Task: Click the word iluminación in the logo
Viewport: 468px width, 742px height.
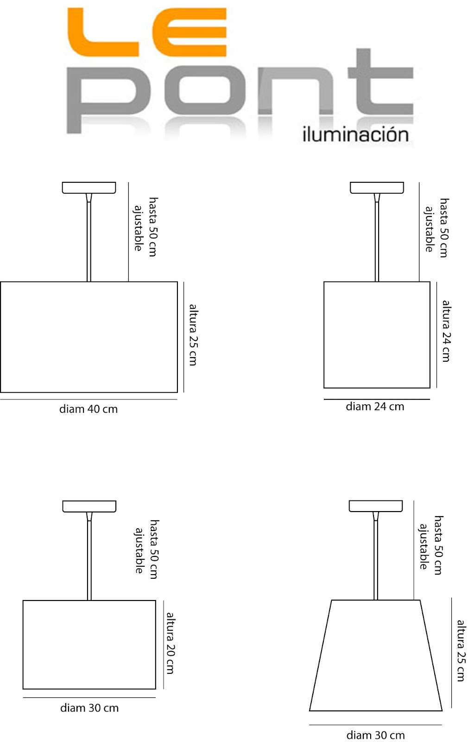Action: tap(355, 134)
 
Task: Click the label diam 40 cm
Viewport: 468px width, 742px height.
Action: tap(89, 409)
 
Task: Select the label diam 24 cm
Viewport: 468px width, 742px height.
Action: tap(375, 407)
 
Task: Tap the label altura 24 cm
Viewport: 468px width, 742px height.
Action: tap(446, 331)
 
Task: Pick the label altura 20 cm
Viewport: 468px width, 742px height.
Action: tap(171, 643)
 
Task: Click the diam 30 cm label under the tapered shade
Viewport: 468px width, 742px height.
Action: tap(375, 735)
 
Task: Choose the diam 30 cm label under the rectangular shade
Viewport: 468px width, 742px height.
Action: tap(89, 708)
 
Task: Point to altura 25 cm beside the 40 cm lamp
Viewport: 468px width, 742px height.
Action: tap(193, 334)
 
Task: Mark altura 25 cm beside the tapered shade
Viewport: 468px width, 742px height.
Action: tap(461, 650)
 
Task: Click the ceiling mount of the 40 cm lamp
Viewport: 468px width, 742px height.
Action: tap(89, 188)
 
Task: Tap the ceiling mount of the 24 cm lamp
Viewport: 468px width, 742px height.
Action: tap(377, 188)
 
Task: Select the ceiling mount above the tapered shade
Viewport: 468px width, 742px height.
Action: tap(375, 506)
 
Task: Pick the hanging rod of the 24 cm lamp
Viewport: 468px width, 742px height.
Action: tap(377, 241)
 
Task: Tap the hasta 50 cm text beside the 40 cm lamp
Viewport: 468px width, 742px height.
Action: tap(153, 227)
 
